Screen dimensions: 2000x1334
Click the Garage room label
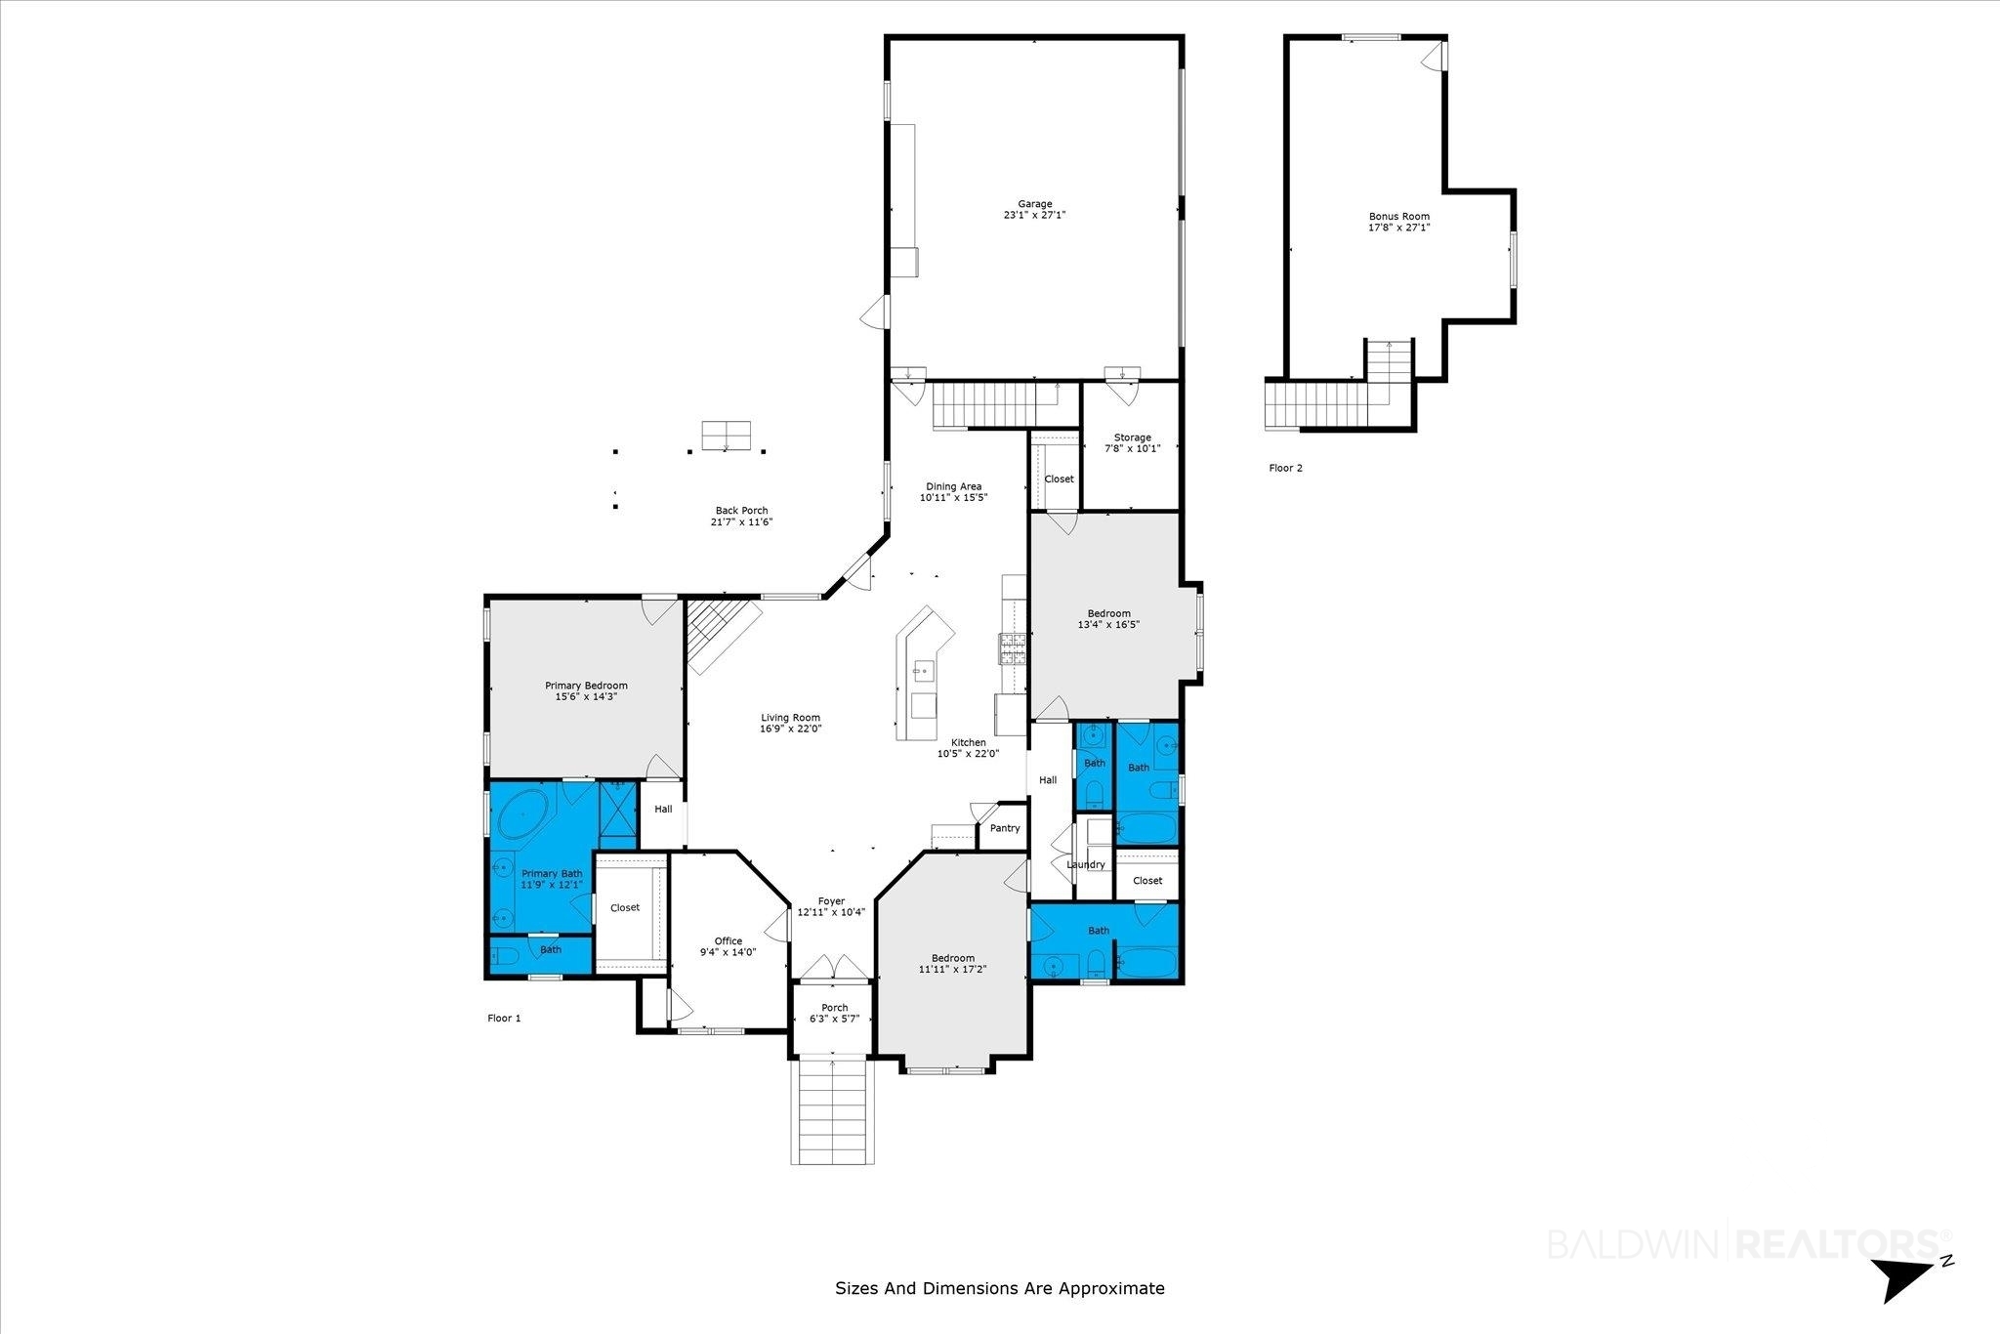[x=1035, y=210]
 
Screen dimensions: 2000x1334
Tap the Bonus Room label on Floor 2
[x=1398, y=222]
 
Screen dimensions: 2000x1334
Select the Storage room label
[x=1133, y=443]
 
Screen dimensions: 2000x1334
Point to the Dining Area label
[x=953, y=491]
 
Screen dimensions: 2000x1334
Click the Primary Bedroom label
[x=586, y=691]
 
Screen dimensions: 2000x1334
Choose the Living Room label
[x=791, y=723]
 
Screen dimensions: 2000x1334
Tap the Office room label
[x=729, y=946]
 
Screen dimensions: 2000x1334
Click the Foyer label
[x=831, y=907]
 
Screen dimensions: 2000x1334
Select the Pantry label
[x=1005, y=828]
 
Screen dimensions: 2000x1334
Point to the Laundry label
[x=1086, y=864]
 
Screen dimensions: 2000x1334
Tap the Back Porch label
[x=741, y=516]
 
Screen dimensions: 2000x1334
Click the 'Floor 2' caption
[x=1285, y=468]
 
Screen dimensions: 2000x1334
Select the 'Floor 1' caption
[x=504, y=1018]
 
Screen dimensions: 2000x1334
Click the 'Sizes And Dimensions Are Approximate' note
[x=1000, y=1288]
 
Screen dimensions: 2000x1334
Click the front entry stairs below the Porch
[x=830, y=1110]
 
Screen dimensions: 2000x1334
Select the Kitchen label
[x=968, y=748]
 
